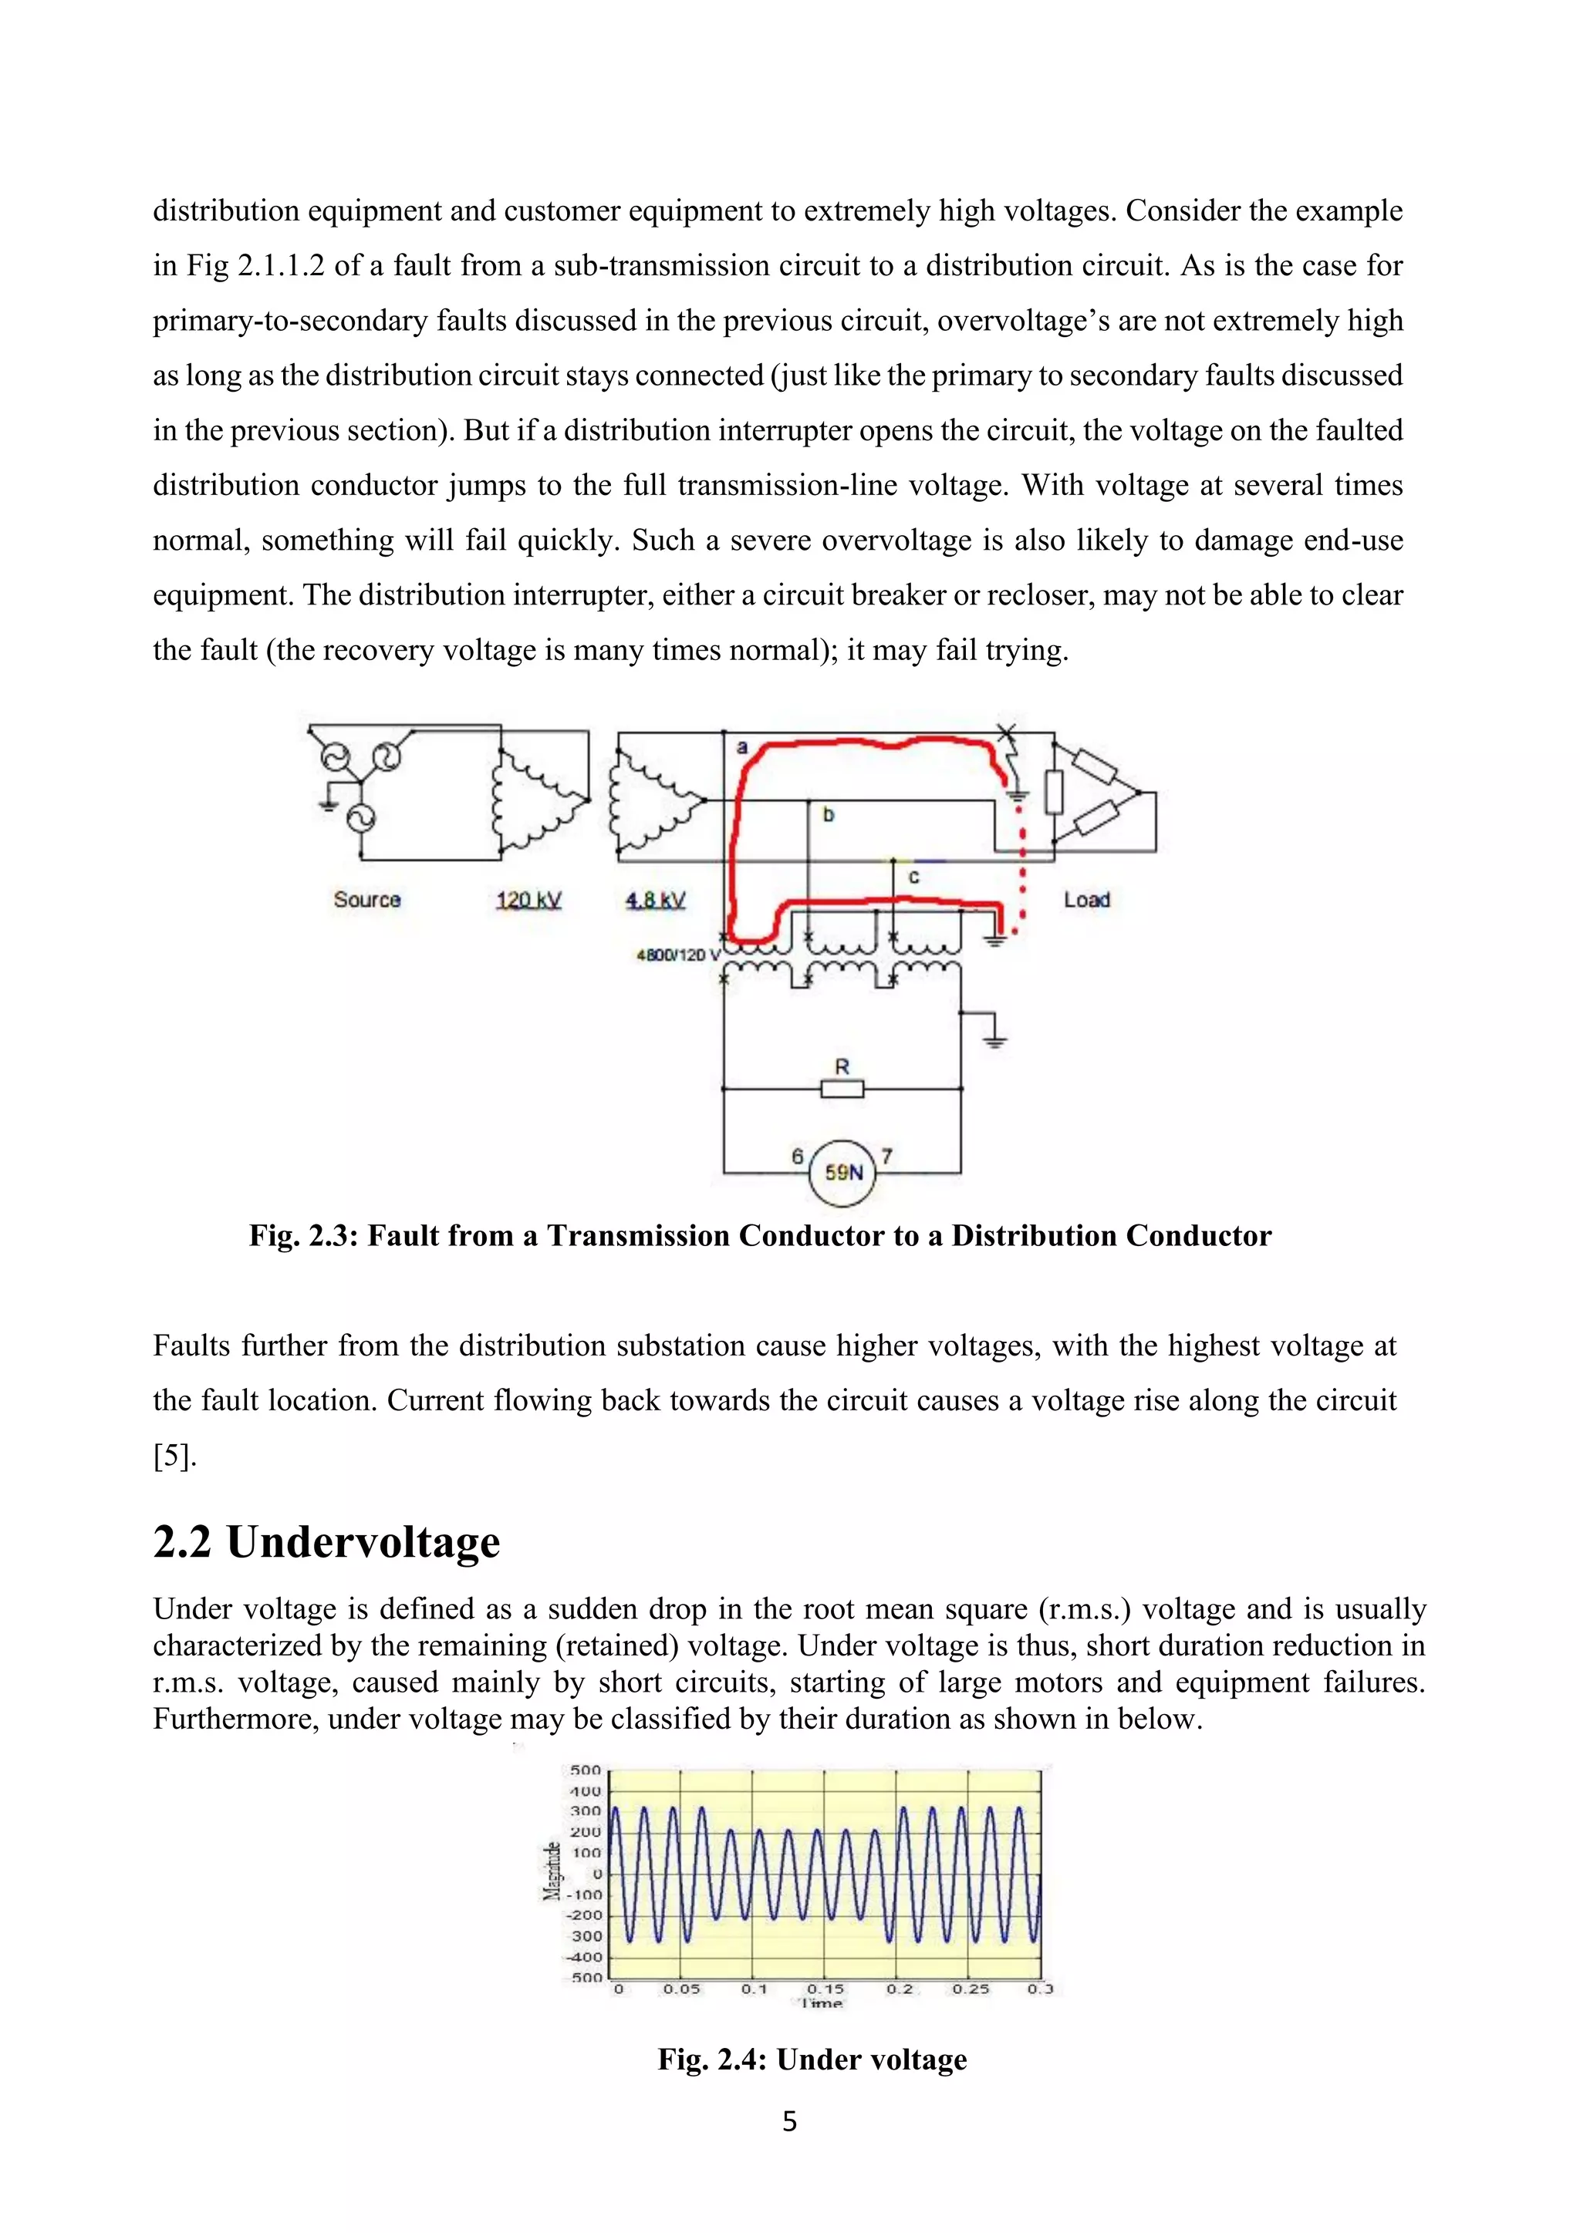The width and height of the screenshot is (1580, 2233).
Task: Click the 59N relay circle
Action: click(x=842, y=1173)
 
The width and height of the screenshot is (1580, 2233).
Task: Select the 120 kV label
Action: click(x=528, y=900)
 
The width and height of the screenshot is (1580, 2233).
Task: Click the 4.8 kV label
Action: click(x=655, y=900)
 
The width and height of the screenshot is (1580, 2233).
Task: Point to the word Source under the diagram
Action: click(x=366, y=900)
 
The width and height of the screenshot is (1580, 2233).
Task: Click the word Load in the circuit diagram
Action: click(x=1087, y=900)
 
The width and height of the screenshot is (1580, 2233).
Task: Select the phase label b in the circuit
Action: click(x=828, y=815)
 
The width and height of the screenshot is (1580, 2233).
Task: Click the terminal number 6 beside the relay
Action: click(x=798, y=1157)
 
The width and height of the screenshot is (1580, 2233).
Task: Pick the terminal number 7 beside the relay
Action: click(x=886, y=1157)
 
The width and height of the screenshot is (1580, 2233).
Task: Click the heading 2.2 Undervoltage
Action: click(x=327, y=1542)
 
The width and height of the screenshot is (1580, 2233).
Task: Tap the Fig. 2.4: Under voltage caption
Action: click(x=812, y=2059)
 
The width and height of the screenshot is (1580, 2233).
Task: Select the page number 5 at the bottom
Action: click(x=789, y=2121)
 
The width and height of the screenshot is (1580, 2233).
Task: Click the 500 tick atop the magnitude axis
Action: click(x=586, y=1770)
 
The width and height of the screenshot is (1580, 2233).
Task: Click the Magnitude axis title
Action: click(x=552, y=1871)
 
